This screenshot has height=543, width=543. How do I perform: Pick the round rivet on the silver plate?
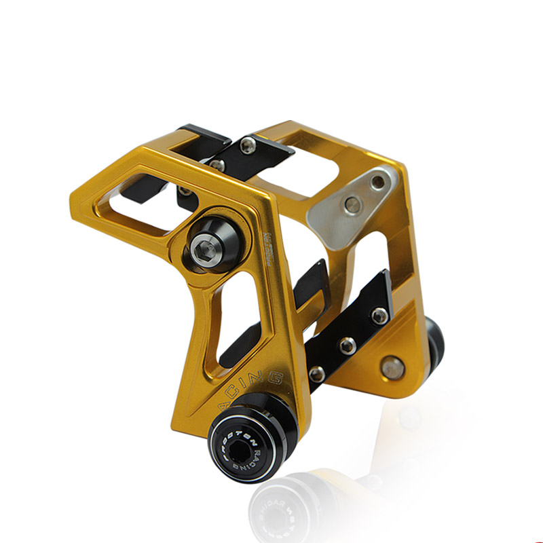pos(351,205)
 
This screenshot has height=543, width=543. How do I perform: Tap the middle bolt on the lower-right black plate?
pos(348,345)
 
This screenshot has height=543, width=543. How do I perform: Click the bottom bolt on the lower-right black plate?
pos(317,373)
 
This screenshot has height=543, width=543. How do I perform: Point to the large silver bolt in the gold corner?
pos(392,367)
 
